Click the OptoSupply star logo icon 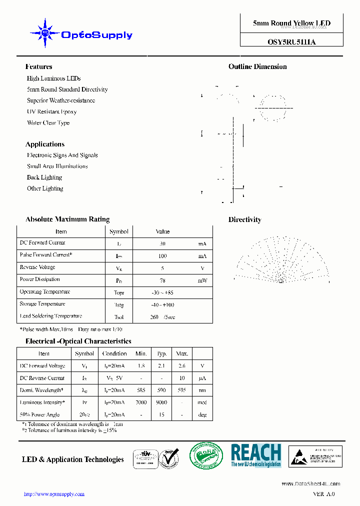coord(45,33)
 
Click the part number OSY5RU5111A coord(291,42)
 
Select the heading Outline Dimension coord(257,66)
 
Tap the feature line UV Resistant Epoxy coord(52,111)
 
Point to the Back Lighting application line coord(44,177)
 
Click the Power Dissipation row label coord(40,279)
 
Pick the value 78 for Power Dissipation coord(162,280)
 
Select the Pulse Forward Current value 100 coord(162,256)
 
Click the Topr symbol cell coord(119,293)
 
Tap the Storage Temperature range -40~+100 coord(162,305)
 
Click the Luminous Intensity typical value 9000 coord(161,402)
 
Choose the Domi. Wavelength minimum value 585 coord(141,390)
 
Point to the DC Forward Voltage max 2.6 coord(181,366)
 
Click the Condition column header coord(114,353)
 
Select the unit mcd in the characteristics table coord(202,402)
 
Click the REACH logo coord(256,455)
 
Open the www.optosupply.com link coord(54,494)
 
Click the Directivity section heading coord(244,219)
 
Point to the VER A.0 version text coord(323,494)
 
